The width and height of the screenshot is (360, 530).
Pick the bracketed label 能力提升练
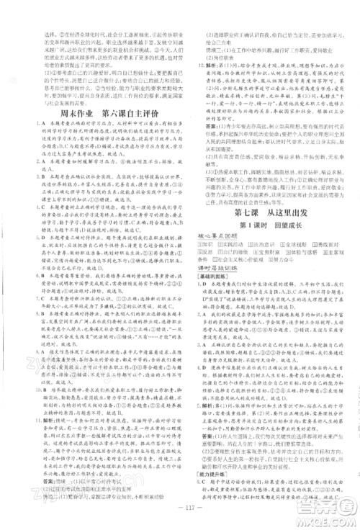tap(212, 474)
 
